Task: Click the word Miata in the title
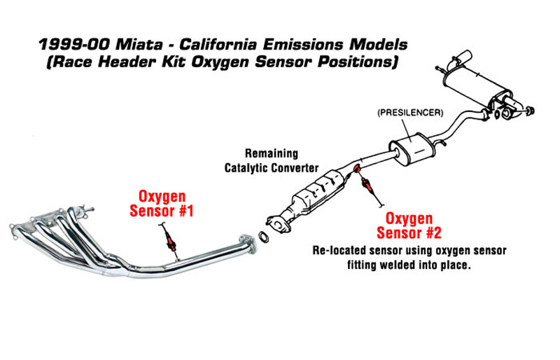[x=139, y=45]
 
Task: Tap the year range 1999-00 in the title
[x=74, y=45]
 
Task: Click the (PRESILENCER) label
[x=410, y=113]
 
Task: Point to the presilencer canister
[x=412, y=148]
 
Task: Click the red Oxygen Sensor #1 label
[x=162, y=204]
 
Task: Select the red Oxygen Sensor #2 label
[x=409, y=226]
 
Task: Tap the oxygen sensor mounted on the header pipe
[x=169, y=239]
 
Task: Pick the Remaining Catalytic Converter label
[x=272, y=160]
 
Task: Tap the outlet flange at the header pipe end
[x=248, y=244]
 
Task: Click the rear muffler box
[x=475, y=85]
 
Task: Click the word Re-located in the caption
[x=339, y=250]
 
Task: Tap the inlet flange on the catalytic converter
[x=276, y=223]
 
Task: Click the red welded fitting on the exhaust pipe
[x=357, y=167]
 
